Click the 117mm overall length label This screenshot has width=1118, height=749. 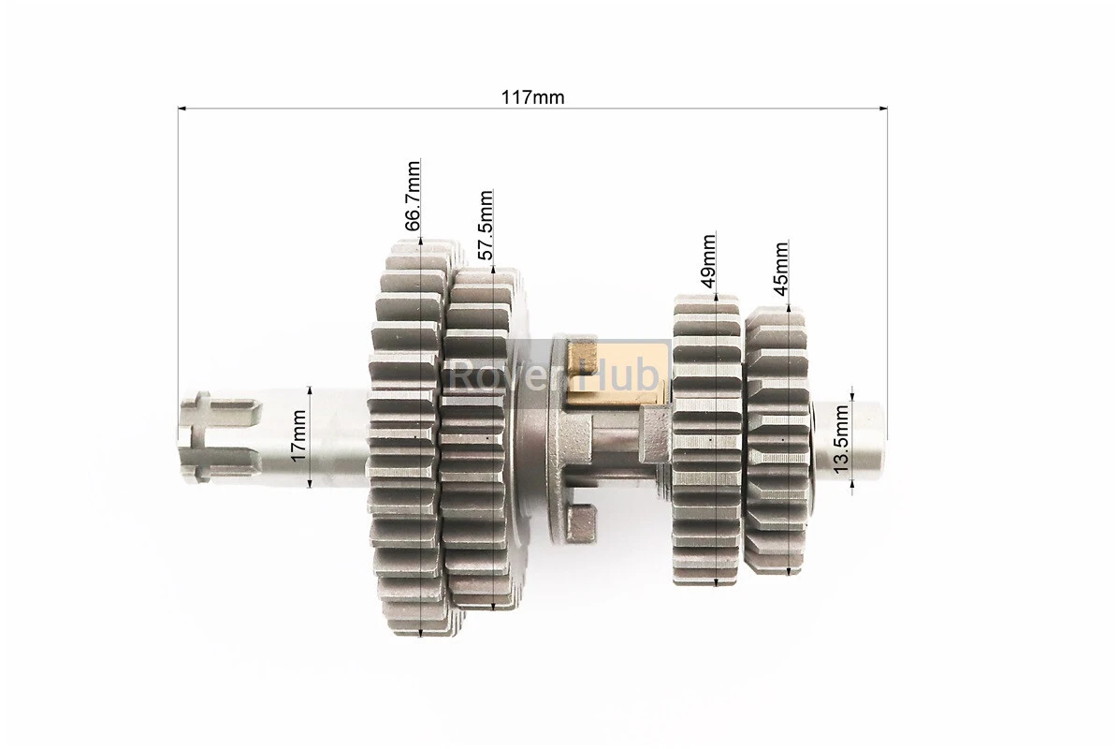coord(532,97)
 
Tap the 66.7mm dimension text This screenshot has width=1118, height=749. coord(413,197)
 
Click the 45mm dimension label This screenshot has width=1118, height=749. coord(780,269)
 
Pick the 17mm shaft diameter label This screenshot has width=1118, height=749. coord(298,435)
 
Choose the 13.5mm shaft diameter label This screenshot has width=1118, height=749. coord(842,438)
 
